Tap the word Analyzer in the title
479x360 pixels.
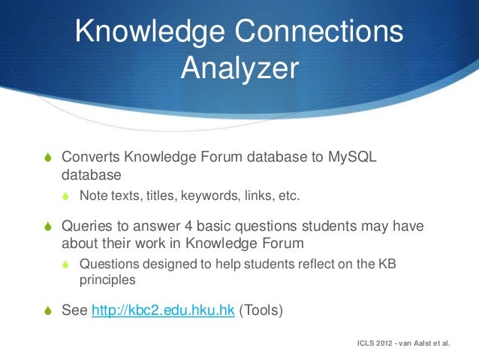click(x=239, y=68)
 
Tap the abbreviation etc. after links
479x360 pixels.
click(x=287, y=197)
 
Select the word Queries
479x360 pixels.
click(x=87, y=227)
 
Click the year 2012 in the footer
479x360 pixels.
click(x=388, y=343)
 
